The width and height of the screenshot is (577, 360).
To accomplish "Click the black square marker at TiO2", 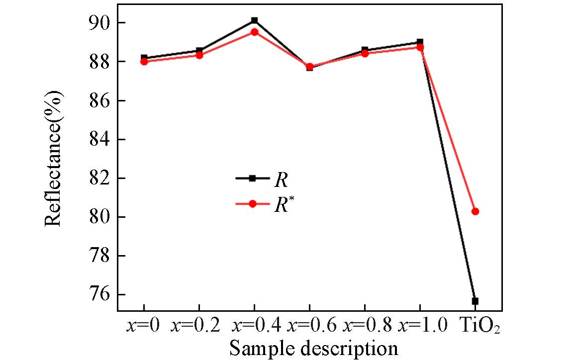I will click(475, 301).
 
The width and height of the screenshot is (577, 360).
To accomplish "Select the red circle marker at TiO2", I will click(475, 211).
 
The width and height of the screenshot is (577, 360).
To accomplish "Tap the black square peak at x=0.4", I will click(254, 20).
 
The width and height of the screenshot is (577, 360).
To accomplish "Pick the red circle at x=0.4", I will click(254, 32).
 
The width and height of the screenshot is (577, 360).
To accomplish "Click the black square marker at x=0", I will click(144, 58).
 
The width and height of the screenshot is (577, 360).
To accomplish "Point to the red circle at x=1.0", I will click(420, 47).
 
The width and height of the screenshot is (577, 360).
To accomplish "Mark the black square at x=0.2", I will click(199, 51).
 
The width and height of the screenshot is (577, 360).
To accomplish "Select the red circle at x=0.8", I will click(365, 53).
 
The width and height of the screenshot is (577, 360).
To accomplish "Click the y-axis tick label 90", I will click(99, 23).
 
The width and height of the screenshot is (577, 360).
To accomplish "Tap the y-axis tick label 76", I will click(99, 295).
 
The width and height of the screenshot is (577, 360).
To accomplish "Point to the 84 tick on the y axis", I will click(99, 139).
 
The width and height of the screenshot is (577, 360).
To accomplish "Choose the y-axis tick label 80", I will click(99, 217).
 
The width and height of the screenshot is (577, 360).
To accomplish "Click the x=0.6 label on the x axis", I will click(309, 326).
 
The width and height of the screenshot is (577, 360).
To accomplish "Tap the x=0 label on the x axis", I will click(143, 326).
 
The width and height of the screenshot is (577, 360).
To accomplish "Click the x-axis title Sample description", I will click(313, 348).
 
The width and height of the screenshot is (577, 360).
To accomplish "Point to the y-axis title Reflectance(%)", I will click(54, 158).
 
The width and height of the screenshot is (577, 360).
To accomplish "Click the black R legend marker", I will click(252, 178).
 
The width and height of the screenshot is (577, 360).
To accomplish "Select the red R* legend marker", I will click(252, 204).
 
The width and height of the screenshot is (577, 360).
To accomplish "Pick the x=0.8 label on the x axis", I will click(365, 326).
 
